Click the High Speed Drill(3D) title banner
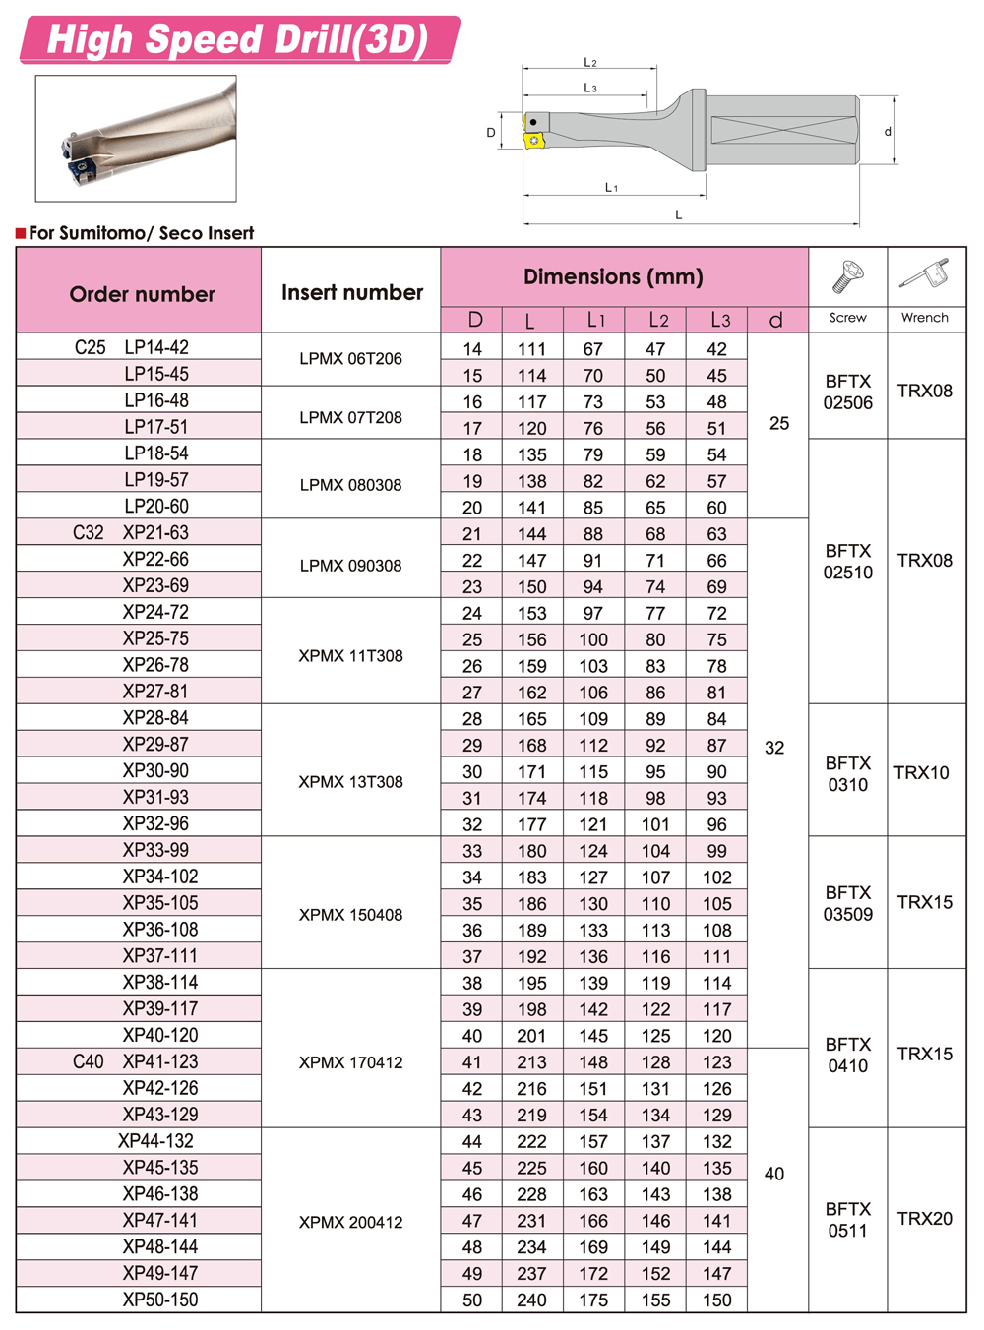coord(239,39)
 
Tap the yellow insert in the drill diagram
coord(534,141)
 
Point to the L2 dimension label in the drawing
coord(590,63)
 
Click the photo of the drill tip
coord(136,139)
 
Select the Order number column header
coord(142,293)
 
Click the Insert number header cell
coord(351,292)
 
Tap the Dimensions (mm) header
coord(613,276)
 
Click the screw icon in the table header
coord(847,278)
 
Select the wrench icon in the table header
coord(925,276)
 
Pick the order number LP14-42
coord(156,347)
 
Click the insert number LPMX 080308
coord(351,485)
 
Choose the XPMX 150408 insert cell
coord(351,915)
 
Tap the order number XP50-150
coord(160,1300)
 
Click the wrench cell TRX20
coord(925,1218)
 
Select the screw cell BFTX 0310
coord(848,773)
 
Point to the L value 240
coord(531,1300)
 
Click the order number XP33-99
coord(155,850)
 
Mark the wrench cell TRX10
coord(921,772)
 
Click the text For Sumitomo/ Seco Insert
coord(141,233)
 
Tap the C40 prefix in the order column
coord(89,1061)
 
